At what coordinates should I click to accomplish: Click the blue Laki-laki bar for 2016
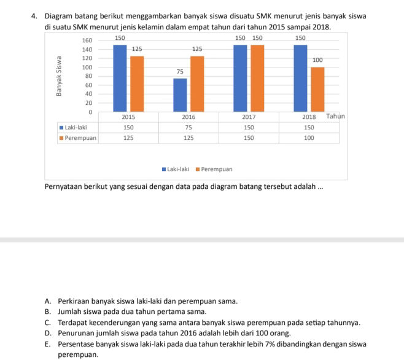tap(180, 95)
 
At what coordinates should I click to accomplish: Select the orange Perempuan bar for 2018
tap(317, 90)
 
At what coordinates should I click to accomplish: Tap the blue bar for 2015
tap(120, 78)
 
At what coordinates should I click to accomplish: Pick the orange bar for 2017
tap(257, 78)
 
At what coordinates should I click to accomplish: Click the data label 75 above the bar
tap(180, 72)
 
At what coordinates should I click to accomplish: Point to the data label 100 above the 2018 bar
tap(317, 60)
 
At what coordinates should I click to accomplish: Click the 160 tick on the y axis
tap(87, 40)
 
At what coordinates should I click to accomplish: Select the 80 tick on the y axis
tap(88, 76)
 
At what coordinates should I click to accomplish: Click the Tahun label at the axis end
tap(335, 116)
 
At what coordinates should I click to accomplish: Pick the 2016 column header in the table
tap(188, 117)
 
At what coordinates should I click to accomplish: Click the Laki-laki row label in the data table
tap(76, 127)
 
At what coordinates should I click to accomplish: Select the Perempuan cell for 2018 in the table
tap(309, 138)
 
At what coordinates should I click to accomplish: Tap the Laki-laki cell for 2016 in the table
tap(188, 127)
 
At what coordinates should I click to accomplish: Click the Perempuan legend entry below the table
tap(214, 169)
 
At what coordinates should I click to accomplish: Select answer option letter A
tap(48, 301)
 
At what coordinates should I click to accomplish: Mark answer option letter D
tap(48, 332)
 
